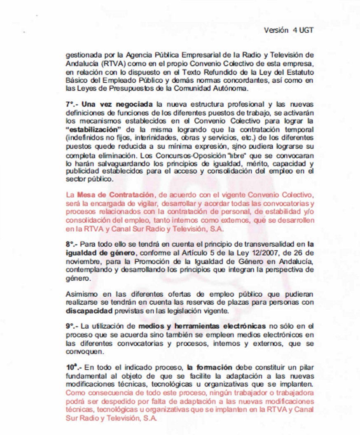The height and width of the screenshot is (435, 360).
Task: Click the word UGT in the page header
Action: click(x=306, y=30)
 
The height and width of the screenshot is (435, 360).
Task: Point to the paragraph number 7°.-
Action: click(x=72, y=104)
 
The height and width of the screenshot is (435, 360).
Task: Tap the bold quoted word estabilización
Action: click(x=89, y=130)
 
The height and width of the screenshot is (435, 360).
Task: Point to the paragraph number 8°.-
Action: click(x=72, y=244)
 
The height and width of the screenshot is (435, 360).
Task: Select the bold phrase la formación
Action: click(x=209, y=367)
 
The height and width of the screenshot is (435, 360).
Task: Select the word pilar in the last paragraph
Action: click(x=306, y=367)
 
